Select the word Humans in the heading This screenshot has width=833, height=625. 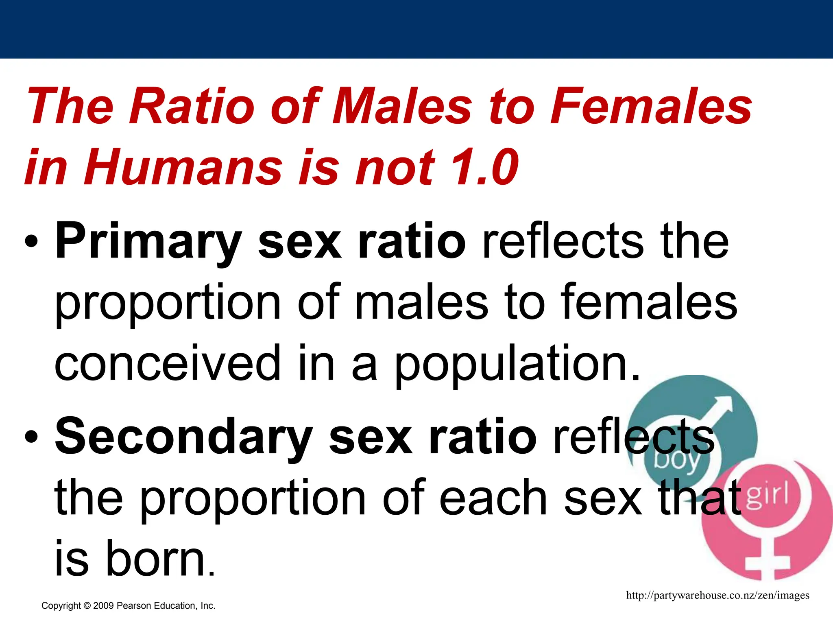[x=183, y=167]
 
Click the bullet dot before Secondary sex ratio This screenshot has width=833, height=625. [x=31, y=437]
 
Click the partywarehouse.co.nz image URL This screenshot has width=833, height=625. [x=717, y=596]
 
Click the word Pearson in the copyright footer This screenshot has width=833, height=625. [x=133, y=606]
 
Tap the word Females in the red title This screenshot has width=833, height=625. [x=651, y=107]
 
